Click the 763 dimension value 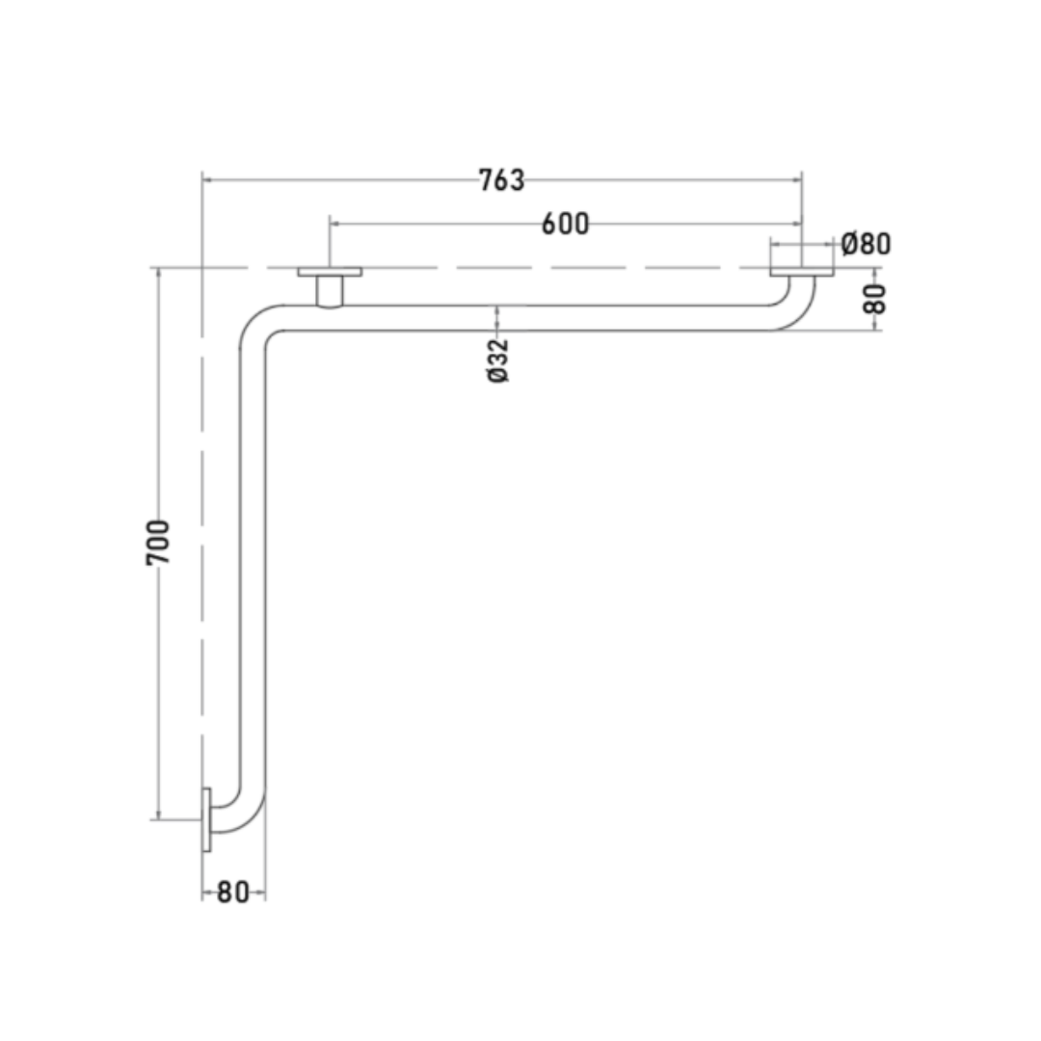click(x=501, y=180)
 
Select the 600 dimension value click(x=565, y=224)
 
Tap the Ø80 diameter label click(x=866, y=244)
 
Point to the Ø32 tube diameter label click(x=498, y=360)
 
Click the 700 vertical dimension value click(x=158, y=543)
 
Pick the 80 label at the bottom click(x=233, y=893)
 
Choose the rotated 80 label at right click(x=874, y=299)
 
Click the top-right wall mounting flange click(x=802, y=272)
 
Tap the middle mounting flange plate click(x=330, y=272)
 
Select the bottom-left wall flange click(x=206, y=819)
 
